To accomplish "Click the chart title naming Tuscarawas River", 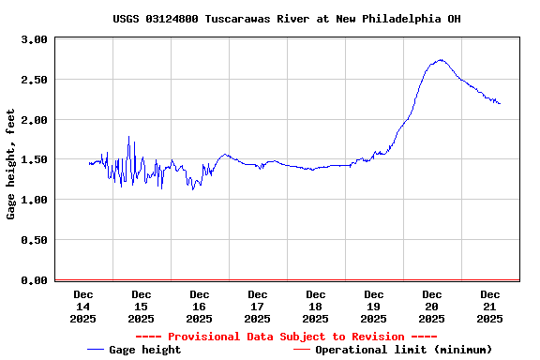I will pyautogui.click(x=286, y=19).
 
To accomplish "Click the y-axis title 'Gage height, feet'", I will pyautogui.click(x=11, y=164).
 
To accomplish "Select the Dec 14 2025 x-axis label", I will pyautogui.click(x=83, y=307).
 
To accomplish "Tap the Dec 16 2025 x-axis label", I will pyautogui.click(x=200, y=307).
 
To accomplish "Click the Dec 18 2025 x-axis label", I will pyautogui.click(x=316, y=307).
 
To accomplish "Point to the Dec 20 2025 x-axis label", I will pyautogui.click(x=432, y=307).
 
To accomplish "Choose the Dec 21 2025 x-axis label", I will pyautogui.click(x=490, y=307).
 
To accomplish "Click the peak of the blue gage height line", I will pyautogui.click(x=439, y=60).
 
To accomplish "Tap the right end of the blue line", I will pyautogui.click(x=500, y=103).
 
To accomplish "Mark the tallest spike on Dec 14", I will pyautogui.click(x=129, y=138).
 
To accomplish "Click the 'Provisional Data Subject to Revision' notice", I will pyautogui.click(x=286, y=337).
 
